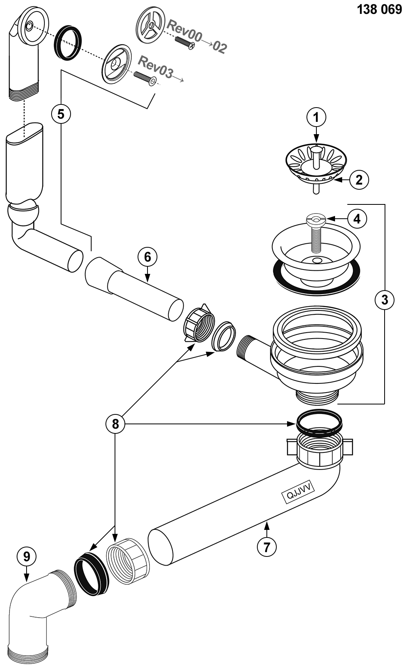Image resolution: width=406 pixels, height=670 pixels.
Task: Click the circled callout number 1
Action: tap(316, 117)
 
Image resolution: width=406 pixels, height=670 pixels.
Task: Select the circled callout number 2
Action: tap(359, 180)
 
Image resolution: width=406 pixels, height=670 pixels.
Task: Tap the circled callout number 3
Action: tap(384, 300)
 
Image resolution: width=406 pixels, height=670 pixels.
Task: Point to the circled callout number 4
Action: tap(357, 219)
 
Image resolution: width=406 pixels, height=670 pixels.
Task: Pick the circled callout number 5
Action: tap(61, 114)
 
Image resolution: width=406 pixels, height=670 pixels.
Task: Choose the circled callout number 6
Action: tap(147, 257)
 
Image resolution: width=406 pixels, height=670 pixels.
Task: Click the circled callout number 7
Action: tap(266, 547)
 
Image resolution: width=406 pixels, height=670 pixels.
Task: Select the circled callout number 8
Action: tap(115, 424)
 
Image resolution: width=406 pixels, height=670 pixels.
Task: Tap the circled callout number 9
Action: tap(27, 556)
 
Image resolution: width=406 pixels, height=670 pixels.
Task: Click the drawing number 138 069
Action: tap(379, 10)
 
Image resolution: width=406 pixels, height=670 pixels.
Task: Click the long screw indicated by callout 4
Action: tap(316, 234)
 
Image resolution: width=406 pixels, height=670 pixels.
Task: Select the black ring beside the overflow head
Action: tap(69, 43)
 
